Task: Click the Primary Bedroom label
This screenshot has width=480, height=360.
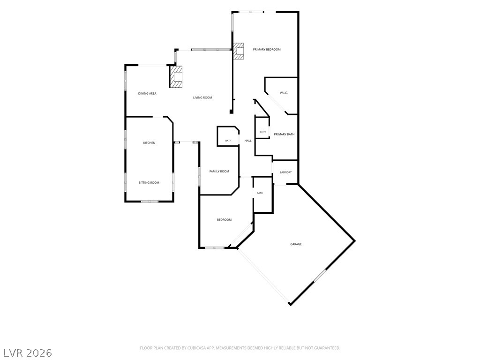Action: pos(267,49)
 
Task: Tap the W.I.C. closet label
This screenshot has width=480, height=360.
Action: pos(284,93)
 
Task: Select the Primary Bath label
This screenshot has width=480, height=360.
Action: pos(284,134)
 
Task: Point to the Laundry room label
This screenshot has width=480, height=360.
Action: pos(285,172)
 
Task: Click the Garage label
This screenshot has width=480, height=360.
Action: pos(296,244)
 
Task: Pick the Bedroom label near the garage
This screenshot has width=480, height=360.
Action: pos(224,220)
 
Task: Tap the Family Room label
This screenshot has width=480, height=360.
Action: pos(219,172)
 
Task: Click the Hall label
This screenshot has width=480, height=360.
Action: pos(248,141)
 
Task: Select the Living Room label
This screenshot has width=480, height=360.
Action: pos(202,97)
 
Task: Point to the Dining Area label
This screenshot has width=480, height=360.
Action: pos(147,94)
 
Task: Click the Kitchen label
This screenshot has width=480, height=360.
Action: pos(150,143)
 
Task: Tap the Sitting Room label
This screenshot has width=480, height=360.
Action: pos(149,183)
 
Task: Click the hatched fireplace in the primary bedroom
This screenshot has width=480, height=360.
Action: pos(239,51)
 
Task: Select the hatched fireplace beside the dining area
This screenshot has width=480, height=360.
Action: pos(176,76)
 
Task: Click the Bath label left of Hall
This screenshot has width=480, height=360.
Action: pos(228,141)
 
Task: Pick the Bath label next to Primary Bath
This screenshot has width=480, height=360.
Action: pos(262,132)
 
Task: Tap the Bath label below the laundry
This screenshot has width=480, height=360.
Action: pos(260,193)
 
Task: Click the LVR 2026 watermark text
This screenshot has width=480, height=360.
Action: pos(27,353)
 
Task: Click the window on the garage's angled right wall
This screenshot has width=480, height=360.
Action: pos(320,275)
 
